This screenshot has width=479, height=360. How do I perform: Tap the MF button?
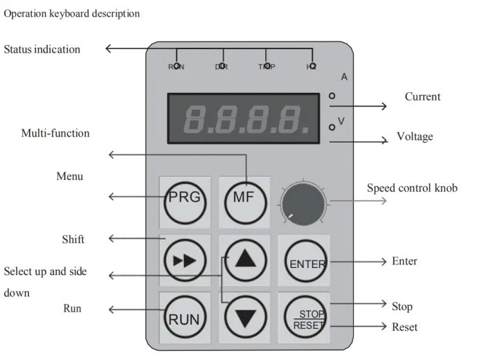point(244,197)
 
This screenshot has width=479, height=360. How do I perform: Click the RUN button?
point(184,319)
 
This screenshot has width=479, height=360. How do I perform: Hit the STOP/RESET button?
point(305,319)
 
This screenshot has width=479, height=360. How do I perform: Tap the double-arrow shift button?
point(184,261)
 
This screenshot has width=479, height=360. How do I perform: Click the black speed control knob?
point(302,204)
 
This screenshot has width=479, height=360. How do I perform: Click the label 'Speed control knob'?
point(411,188)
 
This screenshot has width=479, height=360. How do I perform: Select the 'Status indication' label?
point(42,49)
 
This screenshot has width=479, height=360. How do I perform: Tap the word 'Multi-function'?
point(55,133)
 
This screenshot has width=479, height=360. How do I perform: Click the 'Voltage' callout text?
point(415,136)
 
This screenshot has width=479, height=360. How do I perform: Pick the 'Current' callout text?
point(422,97)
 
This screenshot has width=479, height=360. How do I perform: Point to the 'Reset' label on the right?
point(404,327)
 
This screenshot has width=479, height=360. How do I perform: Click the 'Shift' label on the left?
point(73,239)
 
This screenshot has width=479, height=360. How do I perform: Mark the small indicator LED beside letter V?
point(332,127)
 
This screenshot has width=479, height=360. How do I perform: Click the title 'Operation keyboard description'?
point(71,13)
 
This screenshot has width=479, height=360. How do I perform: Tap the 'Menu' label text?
point(69,177)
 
